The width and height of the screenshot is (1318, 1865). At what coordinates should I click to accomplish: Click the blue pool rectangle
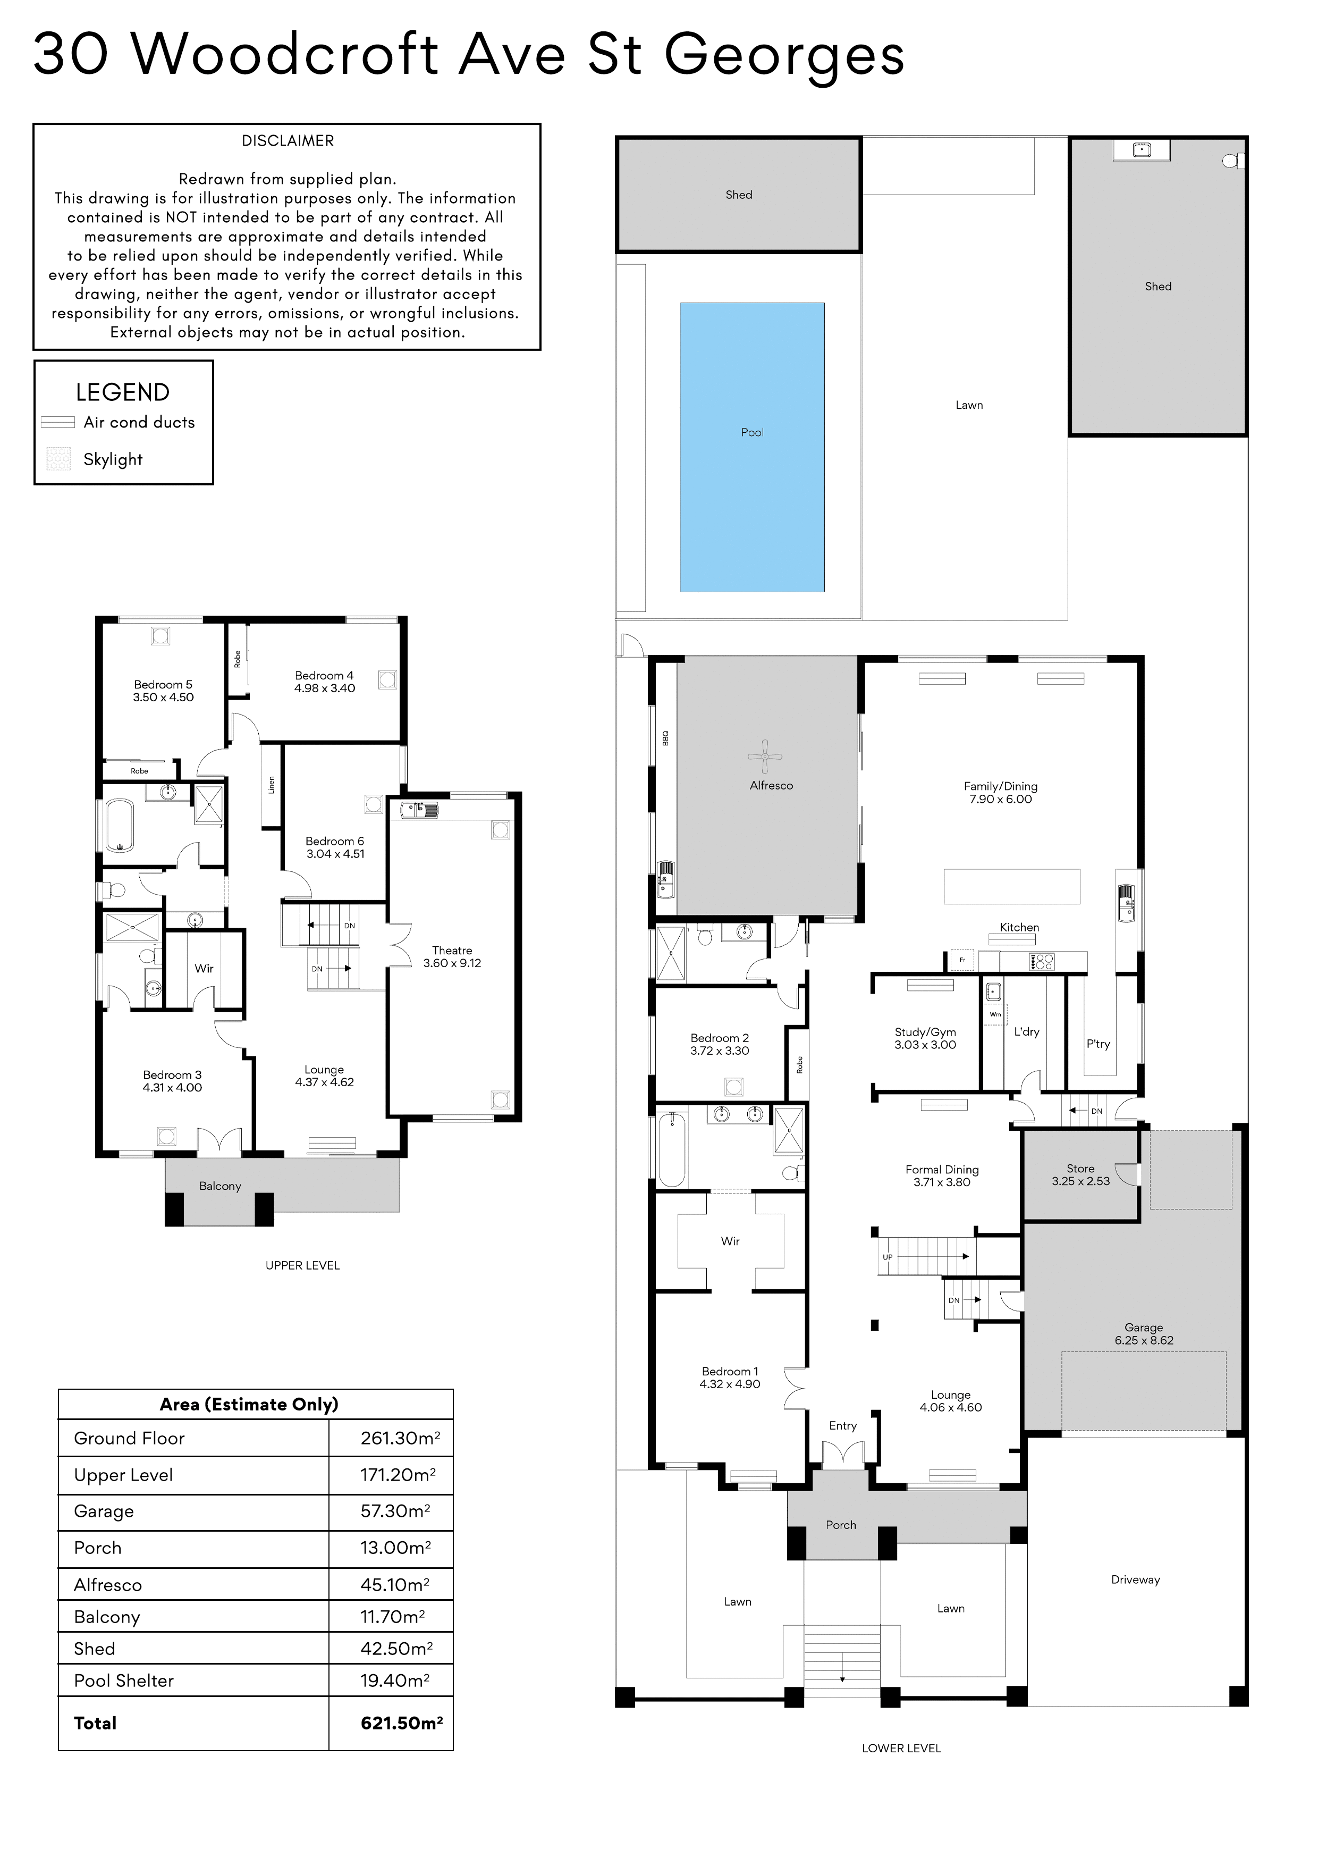point(752,447)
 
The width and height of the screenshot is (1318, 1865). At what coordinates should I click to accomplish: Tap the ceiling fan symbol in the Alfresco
point(764,757)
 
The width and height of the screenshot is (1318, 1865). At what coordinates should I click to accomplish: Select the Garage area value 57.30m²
point(395,1511)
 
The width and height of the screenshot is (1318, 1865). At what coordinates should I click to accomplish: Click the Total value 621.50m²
point(401,1723)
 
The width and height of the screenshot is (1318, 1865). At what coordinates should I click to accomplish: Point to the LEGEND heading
point(123,392)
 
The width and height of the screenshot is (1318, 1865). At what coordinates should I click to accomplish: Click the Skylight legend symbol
point(58,459)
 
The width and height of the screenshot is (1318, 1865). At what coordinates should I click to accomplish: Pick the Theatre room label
point(452,951)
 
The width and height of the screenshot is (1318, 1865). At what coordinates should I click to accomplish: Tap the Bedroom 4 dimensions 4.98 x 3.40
point(325,688)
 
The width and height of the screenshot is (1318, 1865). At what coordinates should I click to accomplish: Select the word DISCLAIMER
point(288,140)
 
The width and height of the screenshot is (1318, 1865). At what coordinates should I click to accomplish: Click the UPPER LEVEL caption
point(302,1265)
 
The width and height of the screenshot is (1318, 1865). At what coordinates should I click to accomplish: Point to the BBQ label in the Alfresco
point(665,737)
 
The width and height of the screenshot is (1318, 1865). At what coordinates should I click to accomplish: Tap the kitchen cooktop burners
point(1041,962)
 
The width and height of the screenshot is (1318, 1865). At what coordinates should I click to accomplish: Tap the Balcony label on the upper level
point(220,1186)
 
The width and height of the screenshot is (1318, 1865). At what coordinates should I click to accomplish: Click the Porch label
point(841,1525)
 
